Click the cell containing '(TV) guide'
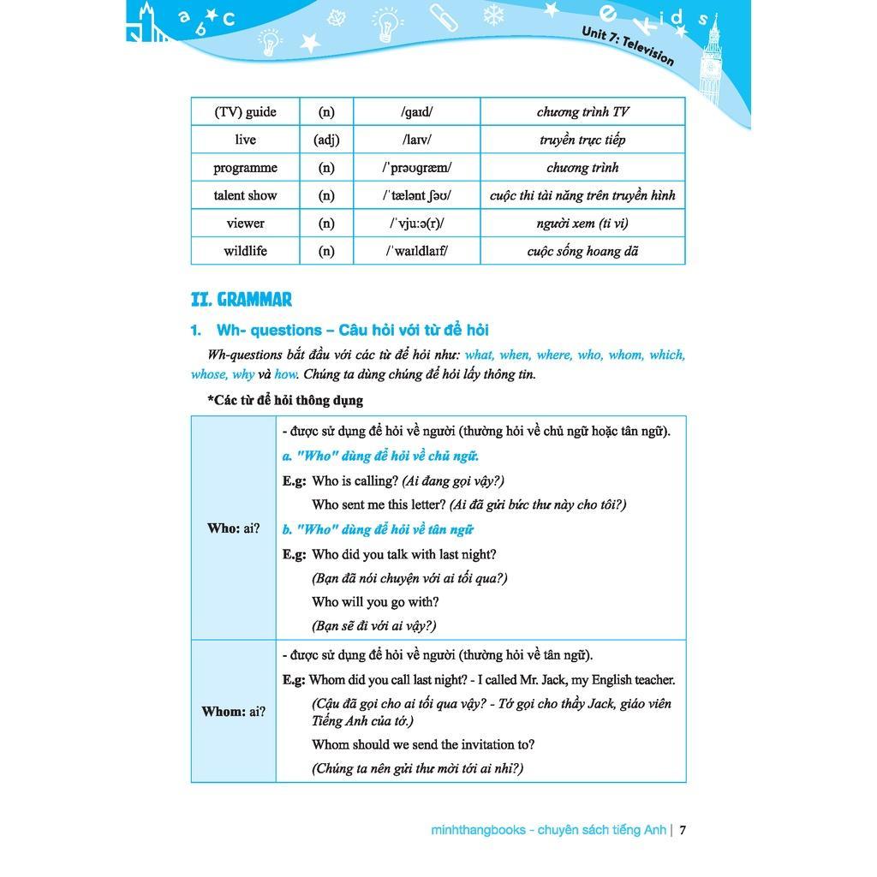pos(245,111)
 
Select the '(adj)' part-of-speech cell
pos(326,140)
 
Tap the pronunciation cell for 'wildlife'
pos(417,251)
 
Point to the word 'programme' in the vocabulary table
pos(245,168)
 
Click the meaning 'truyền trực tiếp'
pos(582,140)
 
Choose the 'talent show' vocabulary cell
pos(245,195)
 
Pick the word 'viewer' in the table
pos(245,224)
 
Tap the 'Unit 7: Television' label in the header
pos(628,45)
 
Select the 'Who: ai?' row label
pos(233,528)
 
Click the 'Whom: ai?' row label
pos(233,712)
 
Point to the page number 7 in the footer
pos(683,830)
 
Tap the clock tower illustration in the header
pos(711,60)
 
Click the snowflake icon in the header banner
pos(494,15)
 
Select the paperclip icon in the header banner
pos(444,17)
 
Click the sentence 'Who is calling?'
pos(355,480)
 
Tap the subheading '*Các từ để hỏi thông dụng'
pos(285,400)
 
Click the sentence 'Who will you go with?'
pos(375,602)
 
